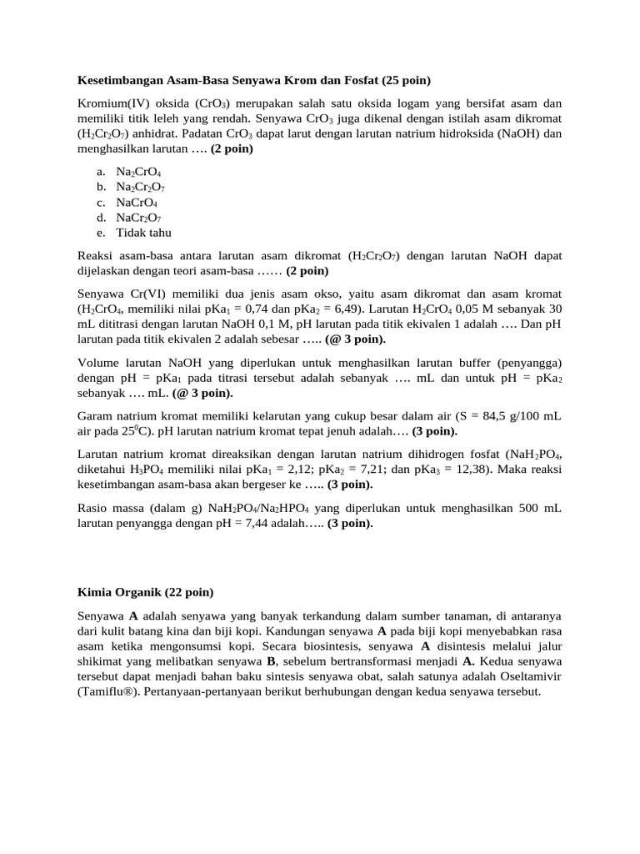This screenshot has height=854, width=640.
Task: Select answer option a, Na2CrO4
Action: (x=138, y=172)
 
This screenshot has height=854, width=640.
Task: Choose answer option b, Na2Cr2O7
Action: (x=141, y=187)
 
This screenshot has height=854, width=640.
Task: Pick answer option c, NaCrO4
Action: (x=137, y=203)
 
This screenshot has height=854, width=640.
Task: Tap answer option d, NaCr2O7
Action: (x=139, y=218)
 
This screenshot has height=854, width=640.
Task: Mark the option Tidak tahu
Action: (x=143, y=233)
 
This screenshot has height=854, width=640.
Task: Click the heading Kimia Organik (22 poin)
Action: (x=145, y=592)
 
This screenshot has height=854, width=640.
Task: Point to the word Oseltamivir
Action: (x=508, y=676)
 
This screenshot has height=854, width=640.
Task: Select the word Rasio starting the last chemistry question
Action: (x=94, y=508)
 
